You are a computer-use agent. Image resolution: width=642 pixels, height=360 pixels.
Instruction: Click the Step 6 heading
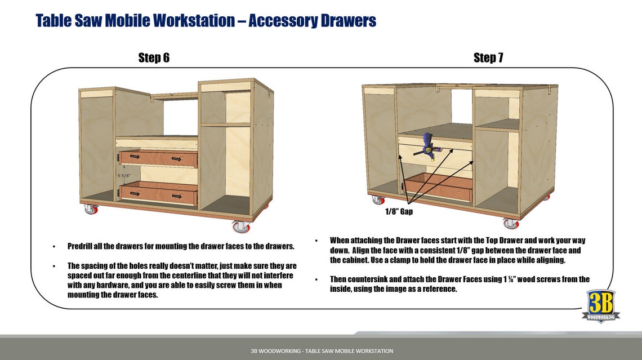(154, 57)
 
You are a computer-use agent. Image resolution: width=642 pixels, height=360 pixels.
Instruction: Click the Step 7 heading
(488, 57)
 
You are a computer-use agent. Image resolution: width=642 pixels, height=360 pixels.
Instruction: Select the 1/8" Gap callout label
(399, 212)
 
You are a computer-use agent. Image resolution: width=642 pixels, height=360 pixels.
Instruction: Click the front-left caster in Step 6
(90, 210)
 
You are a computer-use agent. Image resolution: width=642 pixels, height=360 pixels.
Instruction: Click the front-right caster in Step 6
(241, 226)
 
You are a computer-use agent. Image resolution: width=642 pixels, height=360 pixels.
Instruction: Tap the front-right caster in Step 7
(510, 224)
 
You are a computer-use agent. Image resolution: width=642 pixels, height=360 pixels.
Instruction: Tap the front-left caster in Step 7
(377, 199)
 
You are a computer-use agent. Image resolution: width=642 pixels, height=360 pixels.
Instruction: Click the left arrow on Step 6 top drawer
(135, 155)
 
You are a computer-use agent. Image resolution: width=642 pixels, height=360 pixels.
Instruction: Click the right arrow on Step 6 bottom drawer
(177, 196)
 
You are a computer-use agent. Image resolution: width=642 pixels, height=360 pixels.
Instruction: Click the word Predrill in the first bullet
(83, 246)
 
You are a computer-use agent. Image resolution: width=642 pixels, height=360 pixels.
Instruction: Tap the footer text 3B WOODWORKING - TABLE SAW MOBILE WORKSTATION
(322, 351)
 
